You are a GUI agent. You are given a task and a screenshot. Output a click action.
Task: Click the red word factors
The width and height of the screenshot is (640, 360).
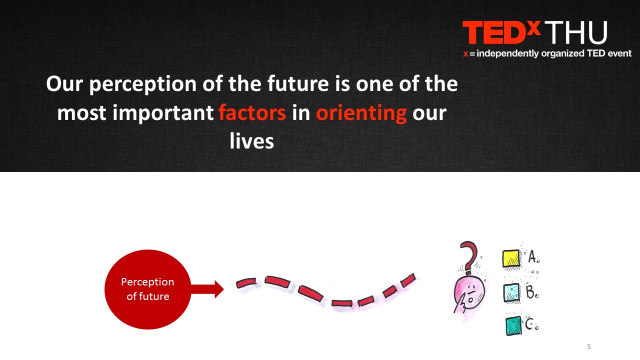[x=252, y=112]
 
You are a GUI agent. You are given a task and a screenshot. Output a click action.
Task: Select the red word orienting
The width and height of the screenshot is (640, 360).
[x=361, y=113]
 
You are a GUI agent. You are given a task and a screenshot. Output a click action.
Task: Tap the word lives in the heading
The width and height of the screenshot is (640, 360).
[x=251, y=141]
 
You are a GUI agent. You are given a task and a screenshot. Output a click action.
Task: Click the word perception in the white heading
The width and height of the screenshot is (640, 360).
[x=143, y=84]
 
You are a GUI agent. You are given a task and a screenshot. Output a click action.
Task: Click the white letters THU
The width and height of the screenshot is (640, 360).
[x=575, y=32]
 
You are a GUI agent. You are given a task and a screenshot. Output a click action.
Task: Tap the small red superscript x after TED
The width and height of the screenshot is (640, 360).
[x=533, y=27]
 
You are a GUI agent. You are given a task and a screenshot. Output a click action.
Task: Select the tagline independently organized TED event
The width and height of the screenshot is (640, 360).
[x=554, y=53]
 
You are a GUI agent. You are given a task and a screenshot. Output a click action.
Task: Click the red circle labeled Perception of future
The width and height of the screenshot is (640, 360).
[x=147, y=289]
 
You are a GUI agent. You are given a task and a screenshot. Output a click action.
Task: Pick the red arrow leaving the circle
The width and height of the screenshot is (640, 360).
[x=207, y=289]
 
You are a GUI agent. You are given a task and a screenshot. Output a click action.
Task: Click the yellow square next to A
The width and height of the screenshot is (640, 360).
[x=511, y=259]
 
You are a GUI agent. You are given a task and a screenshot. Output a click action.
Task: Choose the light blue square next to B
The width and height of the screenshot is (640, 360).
[x=511, y=292]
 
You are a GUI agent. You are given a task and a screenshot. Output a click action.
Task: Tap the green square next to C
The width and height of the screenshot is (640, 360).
[x=513, y=326]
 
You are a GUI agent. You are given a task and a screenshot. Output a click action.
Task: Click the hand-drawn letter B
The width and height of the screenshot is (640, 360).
[x=530, y=291]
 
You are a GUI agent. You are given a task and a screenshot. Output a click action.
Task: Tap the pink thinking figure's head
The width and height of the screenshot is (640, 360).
[x=469, y=292]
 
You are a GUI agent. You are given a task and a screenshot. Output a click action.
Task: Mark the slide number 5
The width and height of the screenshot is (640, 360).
[x=589, y=346]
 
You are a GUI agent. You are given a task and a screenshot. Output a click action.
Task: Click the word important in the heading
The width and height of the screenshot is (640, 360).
[x=163, y=113]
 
